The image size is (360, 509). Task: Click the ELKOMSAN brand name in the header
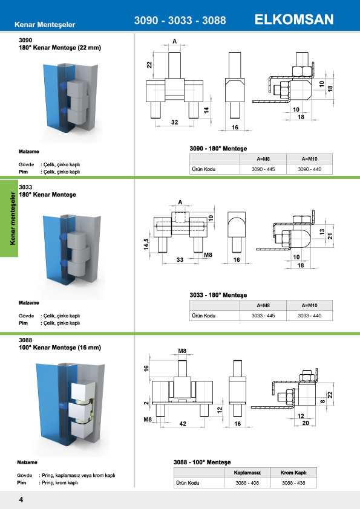coord(294,19)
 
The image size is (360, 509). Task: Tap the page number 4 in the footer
coord(21,499)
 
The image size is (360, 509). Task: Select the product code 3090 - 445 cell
coord(263,169)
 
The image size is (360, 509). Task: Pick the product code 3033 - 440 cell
coord(309,316)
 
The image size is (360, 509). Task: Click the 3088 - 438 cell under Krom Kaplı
coord(293,483)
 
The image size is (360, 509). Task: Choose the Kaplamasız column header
coord(247,473)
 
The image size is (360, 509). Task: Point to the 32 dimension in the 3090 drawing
coord(174,122)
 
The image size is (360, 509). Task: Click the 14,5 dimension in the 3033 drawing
coord(146,244)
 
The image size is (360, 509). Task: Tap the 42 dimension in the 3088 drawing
coord(183,424)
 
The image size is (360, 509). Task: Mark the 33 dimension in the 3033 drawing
coord(180,260)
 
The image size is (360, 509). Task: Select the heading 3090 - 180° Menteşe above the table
coord(218,148)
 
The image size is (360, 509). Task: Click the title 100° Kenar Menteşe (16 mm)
coord(60,348)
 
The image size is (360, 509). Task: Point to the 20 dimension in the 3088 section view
coord(306,423)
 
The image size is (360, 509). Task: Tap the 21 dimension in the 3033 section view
coord(330,236)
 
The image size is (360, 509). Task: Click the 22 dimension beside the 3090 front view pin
coord(149,65)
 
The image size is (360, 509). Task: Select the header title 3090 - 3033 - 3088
coord(180,20)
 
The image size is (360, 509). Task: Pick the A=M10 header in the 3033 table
coord(309,305)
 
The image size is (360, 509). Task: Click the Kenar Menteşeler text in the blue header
coord(45,25)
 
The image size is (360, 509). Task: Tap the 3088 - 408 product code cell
coord(247,483)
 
